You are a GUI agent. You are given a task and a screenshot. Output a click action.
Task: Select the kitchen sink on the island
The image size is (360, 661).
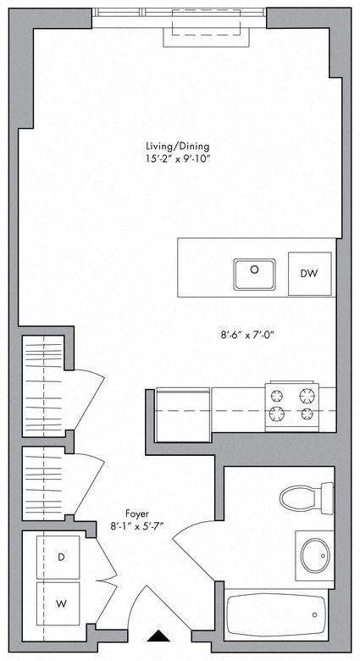[254, 273]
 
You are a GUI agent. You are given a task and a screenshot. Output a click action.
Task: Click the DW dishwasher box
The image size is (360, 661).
[309, 274]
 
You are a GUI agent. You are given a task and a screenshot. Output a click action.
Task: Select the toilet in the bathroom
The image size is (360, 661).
[307, 497]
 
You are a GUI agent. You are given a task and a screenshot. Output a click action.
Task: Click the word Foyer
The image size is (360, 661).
[137, 512]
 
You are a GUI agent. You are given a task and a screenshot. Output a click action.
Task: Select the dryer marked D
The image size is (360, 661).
[60, 556]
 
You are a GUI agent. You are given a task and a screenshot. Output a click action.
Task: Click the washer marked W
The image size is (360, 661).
[60, 603]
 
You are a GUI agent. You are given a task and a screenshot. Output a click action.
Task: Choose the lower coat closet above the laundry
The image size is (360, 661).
[45, 482]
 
